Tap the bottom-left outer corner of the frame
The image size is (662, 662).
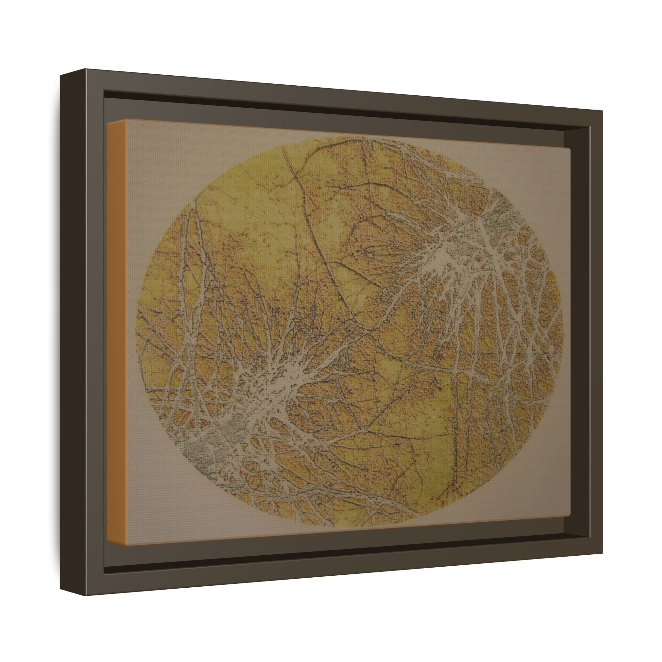pos(61,569)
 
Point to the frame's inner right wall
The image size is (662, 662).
pos(582,326)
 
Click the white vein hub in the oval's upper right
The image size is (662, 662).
pos(445,255)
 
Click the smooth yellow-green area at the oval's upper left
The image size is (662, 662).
pos(240,192)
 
